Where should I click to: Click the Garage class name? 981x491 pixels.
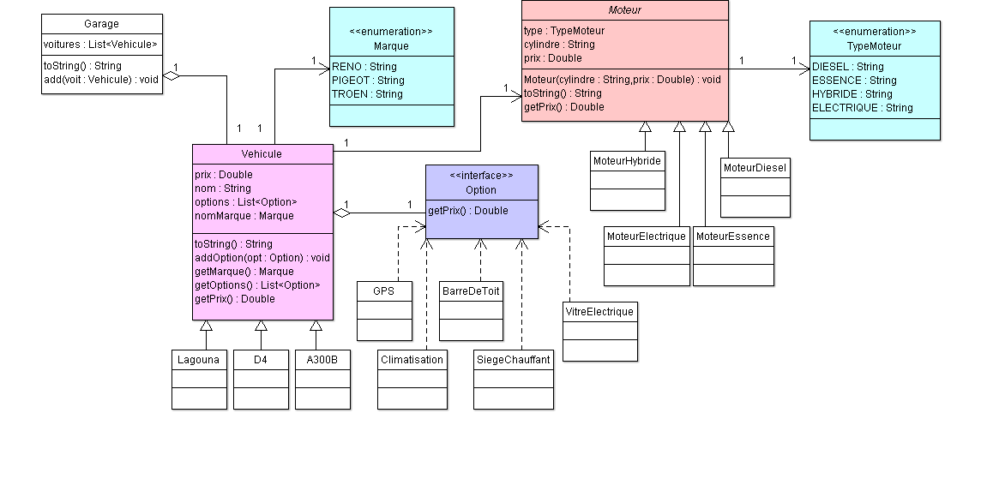click(102, 24)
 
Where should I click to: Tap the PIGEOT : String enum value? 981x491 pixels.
click(368, 81)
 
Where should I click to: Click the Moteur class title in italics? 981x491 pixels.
click(624, 10)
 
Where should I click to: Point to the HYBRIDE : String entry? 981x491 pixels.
click(852, 94)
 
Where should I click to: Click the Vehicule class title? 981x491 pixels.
click(262, 154)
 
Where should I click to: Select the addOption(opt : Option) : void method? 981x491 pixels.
click(262, 258)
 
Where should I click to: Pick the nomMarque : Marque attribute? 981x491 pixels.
click(244, 216)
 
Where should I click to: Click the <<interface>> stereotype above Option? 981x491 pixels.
click(482, 176)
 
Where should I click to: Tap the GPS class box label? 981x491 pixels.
click(384, 291)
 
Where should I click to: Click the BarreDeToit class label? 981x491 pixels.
click(471, 291)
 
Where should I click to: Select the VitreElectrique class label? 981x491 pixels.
click(600, 312)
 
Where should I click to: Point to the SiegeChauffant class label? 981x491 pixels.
click(514, 360)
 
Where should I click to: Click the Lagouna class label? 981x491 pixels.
click(199, 360)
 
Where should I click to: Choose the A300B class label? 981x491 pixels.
click(322, 360)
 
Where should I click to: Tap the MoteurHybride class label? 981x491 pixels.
click(627, 161)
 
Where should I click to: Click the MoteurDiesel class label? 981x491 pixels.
click(755, 168)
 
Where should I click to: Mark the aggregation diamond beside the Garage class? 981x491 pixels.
click(172, 76)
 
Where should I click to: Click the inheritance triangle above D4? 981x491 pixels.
click(261, 326)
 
